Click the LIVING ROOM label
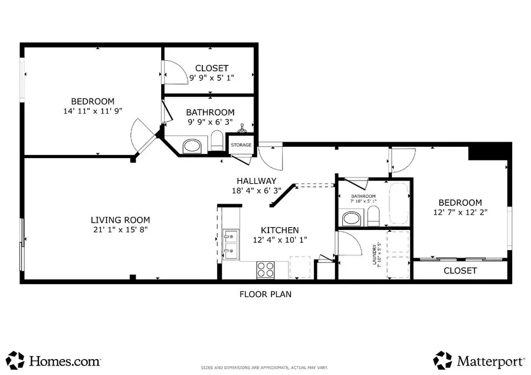tap(116, 220)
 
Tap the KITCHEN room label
tap(280, 230)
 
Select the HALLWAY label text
tap(257, 181)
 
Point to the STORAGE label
tap(241, 145)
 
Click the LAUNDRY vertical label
tap(374, 255)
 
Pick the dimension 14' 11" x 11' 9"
tap(93, 111)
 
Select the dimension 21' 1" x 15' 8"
tap(116, 229)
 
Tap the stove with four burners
tap(265, 269)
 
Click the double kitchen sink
tap(231, 244)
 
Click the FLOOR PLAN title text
tap(265, 294)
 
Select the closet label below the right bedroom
tap(460, 271)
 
